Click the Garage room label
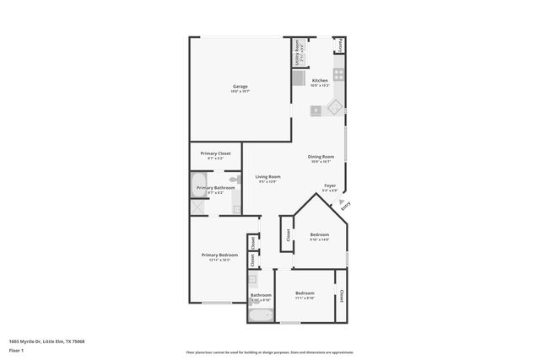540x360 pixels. coord(240,86)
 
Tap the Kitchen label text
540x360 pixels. coord(319,80)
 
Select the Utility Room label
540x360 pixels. coord(297,54)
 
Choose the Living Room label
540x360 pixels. coord(267,175)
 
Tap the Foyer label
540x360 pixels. coord(330,185)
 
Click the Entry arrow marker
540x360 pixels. coord(343,202)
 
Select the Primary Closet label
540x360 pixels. coord(215,153)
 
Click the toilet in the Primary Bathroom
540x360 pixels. coord(235,180)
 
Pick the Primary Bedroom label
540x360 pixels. coord(219,255)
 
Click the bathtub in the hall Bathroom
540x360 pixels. coord(261,315)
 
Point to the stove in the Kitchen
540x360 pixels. coord(338,75)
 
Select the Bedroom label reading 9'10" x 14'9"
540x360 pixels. coord(319,234)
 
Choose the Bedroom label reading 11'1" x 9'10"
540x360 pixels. coord(304,295)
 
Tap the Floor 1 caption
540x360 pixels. coord(16,350)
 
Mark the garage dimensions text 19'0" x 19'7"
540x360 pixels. coord(240,91)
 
